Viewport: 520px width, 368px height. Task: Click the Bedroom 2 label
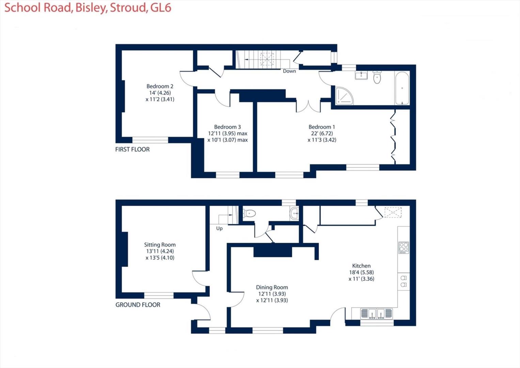coord(160,86)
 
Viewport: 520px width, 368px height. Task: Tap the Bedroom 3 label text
coord(227,127)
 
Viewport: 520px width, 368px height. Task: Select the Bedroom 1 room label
coord(322,127)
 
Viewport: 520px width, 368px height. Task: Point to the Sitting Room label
coord(160,245)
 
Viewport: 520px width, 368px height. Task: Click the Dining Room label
coord(272,287)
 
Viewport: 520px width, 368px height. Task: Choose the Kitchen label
coord(361,266)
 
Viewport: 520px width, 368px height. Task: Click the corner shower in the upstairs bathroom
coord(344,96)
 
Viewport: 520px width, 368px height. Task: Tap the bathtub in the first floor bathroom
coord(402,88)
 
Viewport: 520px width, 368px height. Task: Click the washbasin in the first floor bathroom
coord(361,75)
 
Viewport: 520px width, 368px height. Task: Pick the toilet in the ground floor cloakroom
coord(249,213)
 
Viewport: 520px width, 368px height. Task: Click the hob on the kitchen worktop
coord(404,248)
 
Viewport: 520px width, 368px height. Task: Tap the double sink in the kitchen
coord(377,313)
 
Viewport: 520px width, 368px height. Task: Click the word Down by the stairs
coord(289,71)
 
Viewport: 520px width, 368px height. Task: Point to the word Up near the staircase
coord(219,228)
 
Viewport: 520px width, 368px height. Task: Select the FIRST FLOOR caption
coord(132,149)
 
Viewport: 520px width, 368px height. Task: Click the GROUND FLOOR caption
coord(138,305)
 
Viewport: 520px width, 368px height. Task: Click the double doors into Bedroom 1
coord(308,106)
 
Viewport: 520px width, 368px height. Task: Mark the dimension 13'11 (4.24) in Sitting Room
coord(160,251)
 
